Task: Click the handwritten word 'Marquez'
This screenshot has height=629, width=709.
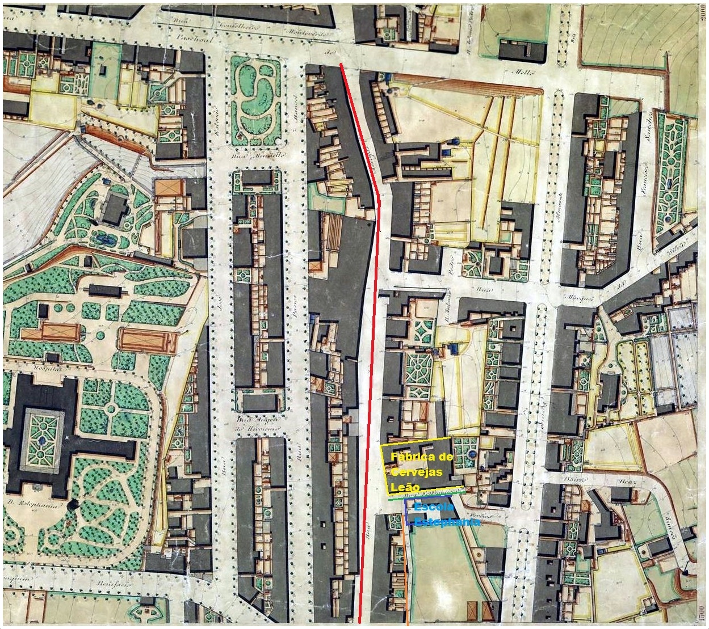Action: point(579,296)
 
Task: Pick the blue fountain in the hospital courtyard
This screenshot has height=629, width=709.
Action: point(43,440)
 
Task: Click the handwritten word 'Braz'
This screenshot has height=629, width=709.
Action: point(630,483)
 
